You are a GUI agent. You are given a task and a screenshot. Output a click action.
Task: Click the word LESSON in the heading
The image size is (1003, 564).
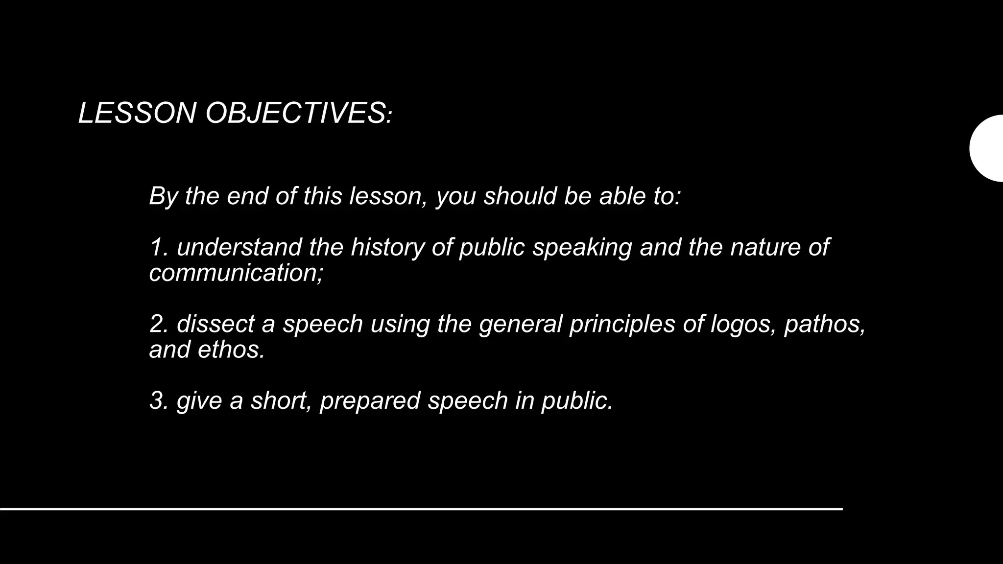click(137, 113)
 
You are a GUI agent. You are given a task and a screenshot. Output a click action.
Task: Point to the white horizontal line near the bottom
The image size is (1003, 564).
click(421, 509)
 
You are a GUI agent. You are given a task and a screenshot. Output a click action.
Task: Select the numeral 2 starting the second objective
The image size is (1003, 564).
click(157, 324)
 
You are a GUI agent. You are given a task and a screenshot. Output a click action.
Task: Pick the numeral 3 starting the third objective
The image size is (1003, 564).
click(157, 400)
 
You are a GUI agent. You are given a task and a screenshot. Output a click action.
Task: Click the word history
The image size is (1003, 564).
click(387, 247)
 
